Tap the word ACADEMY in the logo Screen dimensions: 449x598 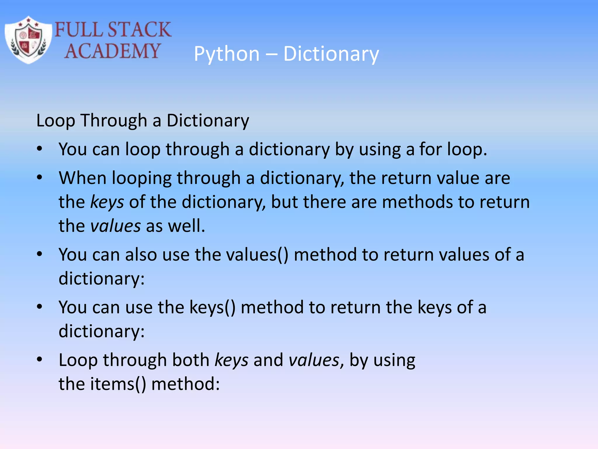click(x=112, y=51)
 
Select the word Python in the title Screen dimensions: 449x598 click(x=227, y=54)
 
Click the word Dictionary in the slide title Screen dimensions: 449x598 click(x=331, y=54)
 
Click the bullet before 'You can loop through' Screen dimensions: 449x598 click(x=40, y=149)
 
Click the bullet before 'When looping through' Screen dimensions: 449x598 click(x=40, y=177)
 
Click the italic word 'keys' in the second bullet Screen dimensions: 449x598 click(x=107, y=202)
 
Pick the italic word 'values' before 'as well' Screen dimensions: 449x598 click(x=116, y=226)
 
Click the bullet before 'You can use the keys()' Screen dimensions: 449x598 click(x=40, y=307)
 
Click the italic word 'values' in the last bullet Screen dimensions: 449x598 click(x=314, y=360)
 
